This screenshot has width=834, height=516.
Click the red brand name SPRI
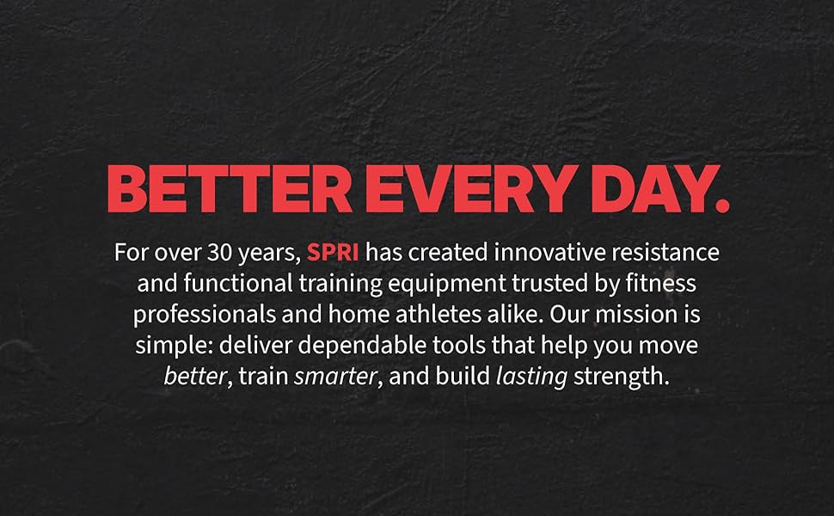tap(333, 254)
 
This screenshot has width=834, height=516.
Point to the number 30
tap(217, 254)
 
